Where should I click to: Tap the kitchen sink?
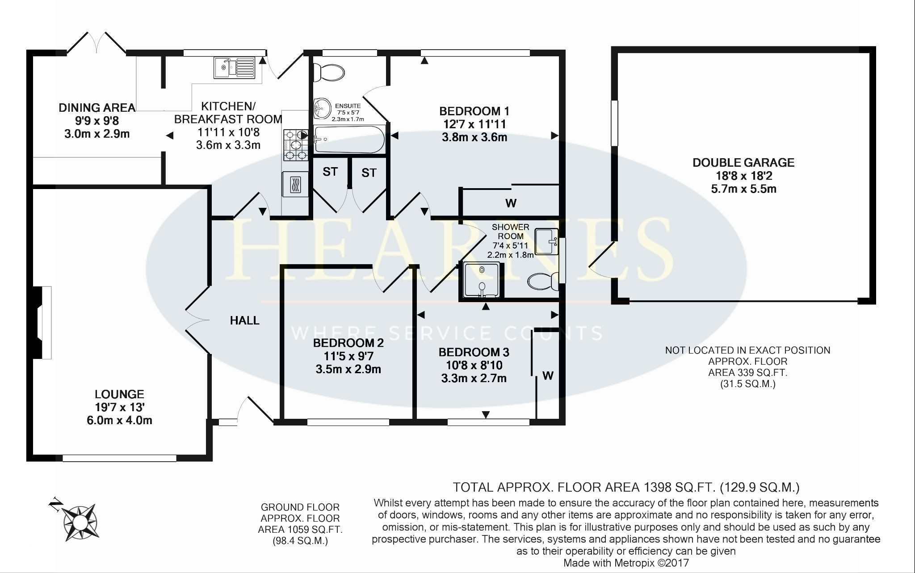(x=234, y=67)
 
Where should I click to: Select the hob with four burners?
(x=295, y=144)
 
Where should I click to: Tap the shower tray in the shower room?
(x=482, y=280)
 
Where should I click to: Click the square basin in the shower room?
(x=546, y=242)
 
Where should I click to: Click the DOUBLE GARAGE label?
(x=743, y=163)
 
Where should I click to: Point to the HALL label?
(x=244, y=320)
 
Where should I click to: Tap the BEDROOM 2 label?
(x=348, y=343)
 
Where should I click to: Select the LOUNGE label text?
(x=119, y=394)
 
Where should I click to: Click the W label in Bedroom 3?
(x=548, y=375)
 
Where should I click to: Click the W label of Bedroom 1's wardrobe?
(x=511, y=203)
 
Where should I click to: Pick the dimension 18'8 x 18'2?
(x=743, y=176)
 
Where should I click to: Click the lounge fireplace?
(x=42, y=323)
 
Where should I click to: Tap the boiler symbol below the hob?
(x=295, y=184)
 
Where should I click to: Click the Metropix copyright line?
(x=626, y=563)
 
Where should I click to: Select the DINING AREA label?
(x=97, y=108)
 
